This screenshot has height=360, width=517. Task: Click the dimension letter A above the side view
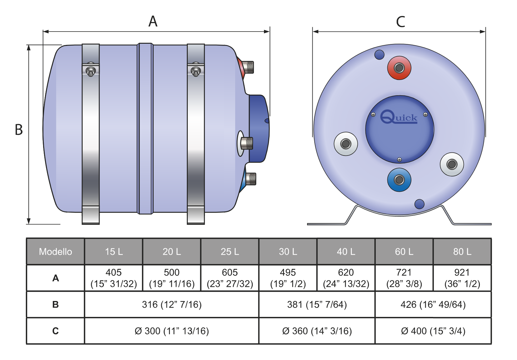153,22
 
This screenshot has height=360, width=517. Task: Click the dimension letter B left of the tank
19,130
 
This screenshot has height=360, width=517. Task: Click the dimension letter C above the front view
400,22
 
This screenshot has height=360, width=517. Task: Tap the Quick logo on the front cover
399,118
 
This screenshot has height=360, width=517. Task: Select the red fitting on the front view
399,68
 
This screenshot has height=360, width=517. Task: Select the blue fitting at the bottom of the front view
399,180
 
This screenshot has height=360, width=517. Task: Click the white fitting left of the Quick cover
345,144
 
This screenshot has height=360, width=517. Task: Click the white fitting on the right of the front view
452,164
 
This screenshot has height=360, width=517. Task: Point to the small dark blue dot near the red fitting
379,55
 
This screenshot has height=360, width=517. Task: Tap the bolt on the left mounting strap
91,71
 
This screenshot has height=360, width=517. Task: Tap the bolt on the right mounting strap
196,71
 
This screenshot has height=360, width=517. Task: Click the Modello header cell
55,252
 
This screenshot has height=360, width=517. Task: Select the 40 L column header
346,252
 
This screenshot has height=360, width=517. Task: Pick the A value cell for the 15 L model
114,278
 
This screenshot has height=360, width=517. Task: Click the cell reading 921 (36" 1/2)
462,278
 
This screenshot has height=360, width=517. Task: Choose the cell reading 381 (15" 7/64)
317,304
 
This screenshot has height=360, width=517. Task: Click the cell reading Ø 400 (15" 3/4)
433,331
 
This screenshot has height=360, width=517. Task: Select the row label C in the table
55,331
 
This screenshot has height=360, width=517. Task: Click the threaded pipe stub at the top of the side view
249,67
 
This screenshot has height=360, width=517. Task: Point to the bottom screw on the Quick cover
399,160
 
